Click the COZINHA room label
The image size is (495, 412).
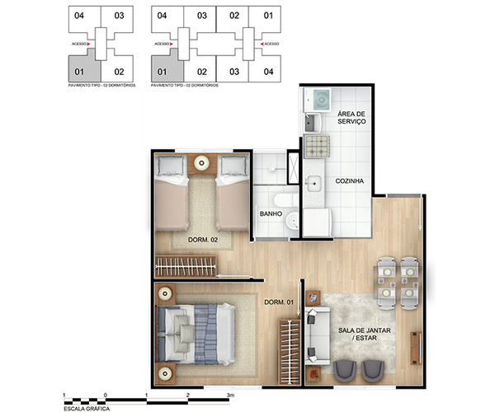pyautogui.click(x=351, y=181)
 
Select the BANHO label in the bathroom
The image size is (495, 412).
pyautogui.click(x=271, y=214)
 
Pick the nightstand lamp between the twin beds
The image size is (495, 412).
pyautogui.click(x=201, y=162)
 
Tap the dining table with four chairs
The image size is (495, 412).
pyautogui.click(x=398, y=280)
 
